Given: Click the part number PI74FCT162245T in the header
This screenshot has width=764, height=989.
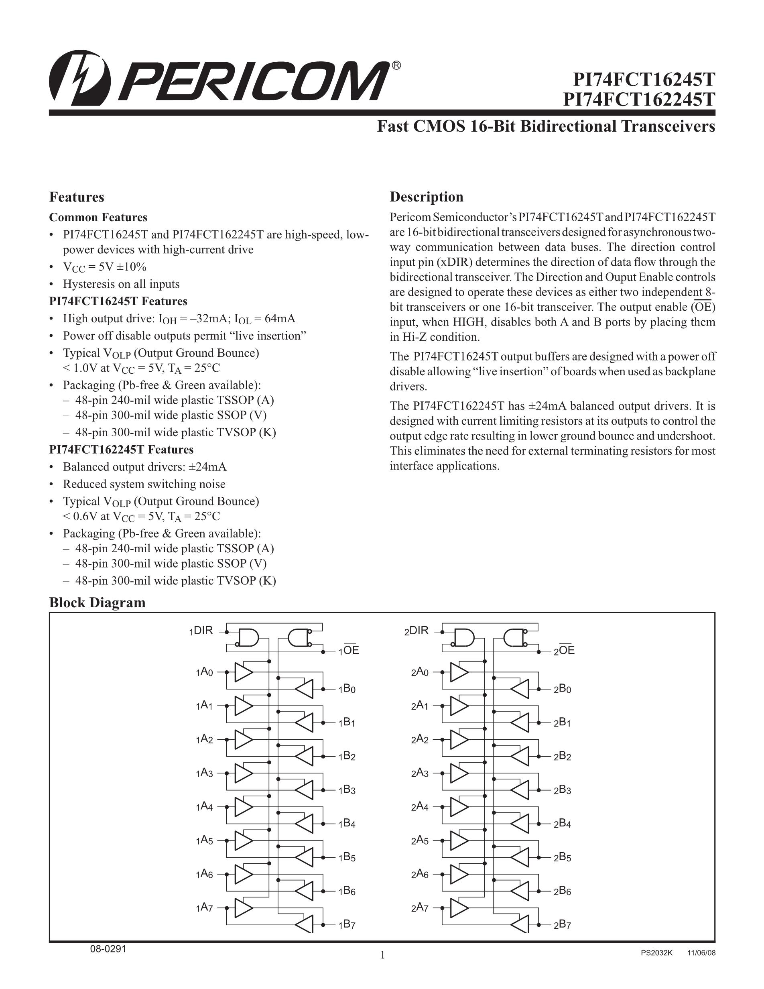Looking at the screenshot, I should [639, 99].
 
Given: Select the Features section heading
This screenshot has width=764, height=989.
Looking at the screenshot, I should [77, 197].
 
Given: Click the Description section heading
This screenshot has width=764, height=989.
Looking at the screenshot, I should [427, 197].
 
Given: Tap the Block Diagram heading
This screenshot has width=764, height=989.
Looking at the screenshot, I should [98, 603].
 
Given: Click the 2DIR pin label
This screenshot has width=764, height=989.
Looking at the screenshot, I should [417, 631].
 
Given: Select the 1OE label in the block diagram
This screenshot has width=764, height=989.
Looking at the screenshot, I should [349, 650].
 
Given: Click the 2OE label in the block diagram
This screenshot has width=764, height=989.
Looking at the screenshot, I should [564, 650].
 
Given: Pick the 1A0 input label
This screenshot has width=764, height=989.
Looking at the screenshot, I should [204, 672].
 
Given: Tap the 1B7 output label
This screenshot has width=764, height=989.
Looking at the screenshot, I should [347, 925].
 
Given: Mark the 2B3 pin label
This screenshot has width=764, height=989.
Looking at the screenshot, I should [562, 790].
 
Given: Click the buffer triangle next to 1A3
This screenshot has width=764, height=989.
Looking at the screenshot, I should [244, 773].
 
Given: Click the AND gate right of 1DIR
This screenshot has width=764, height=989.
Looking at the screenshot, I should [248, 637].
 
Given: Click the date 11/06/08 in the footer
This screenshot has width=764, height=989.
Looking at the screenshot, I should [701, 953].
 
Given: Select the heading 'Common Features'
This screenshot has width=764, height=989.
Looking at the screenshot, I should [98, 218].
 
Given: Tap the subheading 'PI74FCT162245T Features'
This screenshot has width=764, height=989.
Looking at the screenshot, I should [121, 450].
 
